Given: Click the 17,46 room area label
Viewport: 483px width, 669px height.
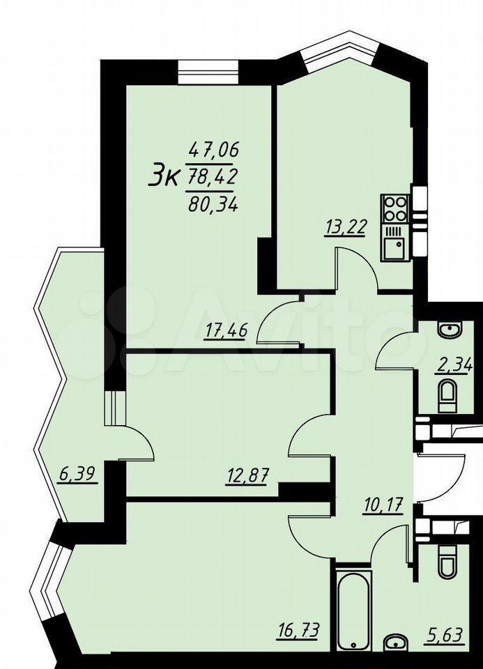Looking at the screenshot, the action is click(x=225, y=332).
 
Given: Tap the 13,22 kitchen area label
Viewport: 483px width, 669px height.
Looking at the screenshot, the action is click(x=345, y=227).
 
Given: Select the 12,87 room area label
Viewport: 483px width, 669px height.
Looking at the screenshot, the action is click(x=246, y=476).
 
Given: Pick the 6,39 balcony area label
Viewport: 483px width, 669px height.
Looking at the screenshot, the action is click(x=77, y=474).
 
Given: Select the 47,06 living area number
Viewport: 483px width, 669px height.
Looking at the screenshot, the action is click(x=214, y=150).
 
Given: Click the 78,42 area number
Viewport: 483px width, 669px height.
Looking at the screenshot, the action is click(x=212, y=178).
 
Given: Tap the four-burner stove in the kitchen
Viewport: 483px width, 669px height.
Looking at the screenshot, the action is click(x=395, y=208).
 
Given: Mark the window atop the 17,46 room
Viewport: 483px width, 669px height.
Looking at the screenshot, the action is click(x=207, y=73).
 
